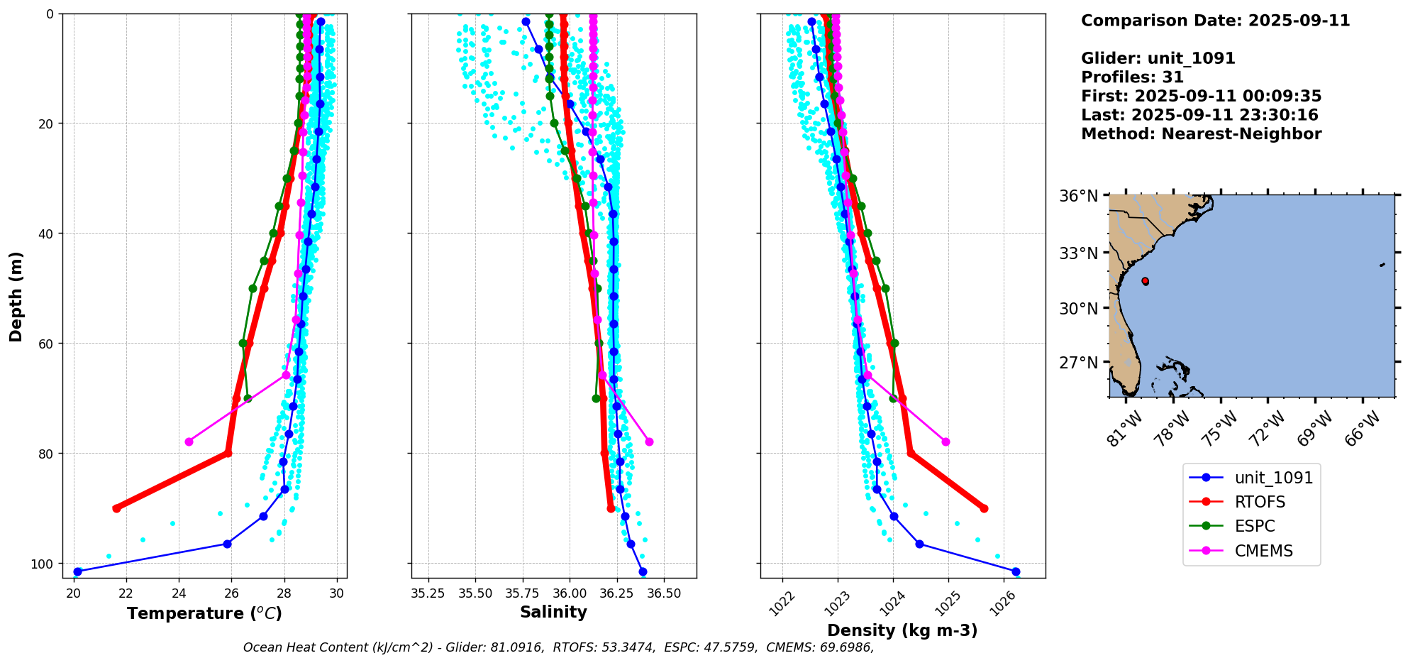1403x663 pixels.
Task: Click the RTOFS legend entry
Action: pyautogui.click(x=1260, y=502)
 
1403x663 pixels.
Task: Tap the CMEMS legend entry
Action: pyautogui.click(x=1263, y=551)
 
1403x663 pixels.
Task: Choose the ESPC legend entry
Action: pyautogui.click(x=1254, y=526)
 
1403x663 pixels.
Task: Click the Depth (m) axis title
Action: pyautogui.click(x=16, y=296)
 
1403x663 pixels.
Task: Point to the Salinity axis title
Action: pyautogui.click(x=553, y=612)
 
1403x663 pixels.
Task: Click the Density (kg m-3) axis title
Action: pyautogui.click(x=902, y=630)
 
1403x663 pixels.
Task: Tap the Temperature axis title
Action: pyautogui.click(x=204, y=613)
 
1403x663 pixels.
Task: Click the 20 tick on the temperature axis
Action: pyautogui.click(x=74, y=593)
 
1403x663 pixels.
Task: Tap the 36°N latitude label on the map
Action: pyautogui.click(x=1078, y=196)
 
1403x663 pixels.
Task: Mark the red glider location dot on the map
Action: pyautogui.click(x=1146, y=281)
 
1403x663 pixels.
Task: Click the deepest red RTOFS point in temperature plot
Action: pyautogui.click(x=116, y=508)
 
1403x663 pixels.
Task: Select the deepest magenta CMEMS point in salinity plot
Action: pyautogui.click(x=649, y=442)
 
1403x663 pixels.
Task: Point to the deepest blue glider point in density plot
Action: pyautogui.click(x=1016, y=571)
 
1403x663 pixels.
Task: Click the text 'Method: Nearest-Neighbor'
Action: pyautogui.click(x=1201, y=134)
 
